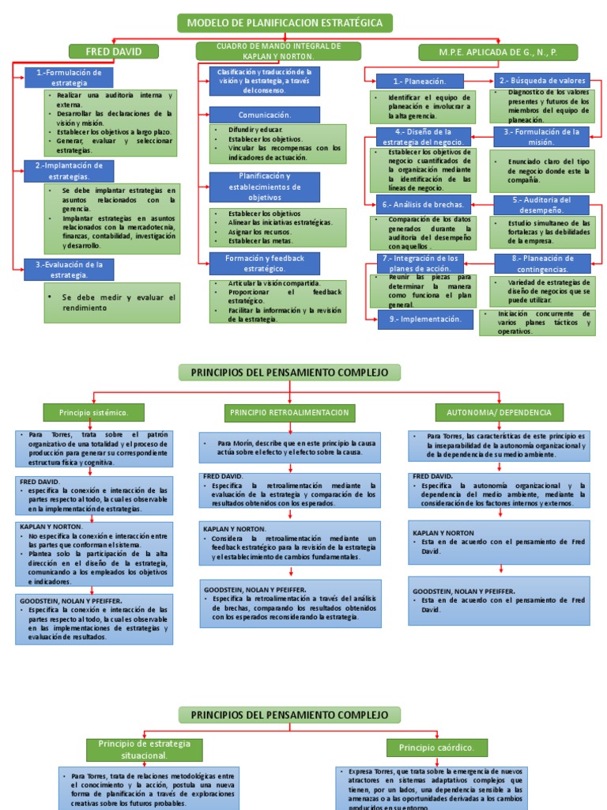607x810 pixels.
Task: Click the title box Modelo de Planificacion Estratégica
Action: [285, 23]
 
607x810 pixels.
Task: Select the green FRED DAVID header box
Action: [114, 52]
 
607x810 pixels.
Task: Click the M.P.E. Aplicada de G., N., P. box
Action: [497, 52]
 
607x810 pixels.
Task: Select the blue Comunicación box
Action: [264, 115]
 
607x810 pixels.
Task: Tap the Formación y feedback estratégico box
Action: [264, 263]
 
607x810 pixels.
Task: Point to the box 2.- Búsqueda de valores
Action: [542, 80]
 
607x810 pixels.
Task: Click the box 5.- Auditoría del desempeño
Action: [542, 204]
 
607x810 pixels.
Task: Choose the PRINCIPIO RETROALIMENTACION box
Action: [288, 412]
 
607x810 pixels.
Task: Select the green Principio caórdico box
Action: [436, 748]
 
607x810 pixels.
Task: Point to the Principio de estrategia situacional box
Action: [144, 749]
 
